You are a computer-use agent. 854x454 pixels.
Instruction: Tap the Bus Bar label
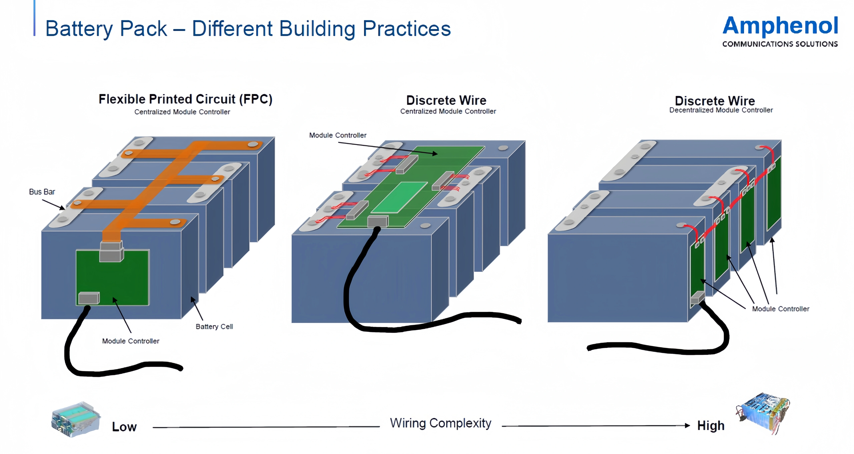pyautogui.click(x=42, y=192)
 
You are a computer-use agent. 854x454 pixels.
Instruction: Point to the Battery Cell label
pyautogui.click(x=214, y=326)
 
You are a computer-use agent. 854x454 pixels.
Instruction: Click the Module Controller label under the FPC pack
pyautogui.click(x=131, y=341)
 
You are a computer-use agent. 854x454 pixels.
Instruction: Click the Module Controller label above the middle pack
pyautogui.click(x=338, y=135)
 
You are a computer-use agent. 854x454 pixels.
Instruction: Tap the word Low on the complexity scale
pyautogui.click(x=124, y=427)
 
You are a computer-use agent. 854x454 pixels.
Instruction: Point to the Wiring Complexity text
pyautogui.click(x=441, y=423)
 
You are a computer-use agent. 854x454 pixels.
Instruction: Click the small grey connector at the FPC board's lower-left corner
pyautogui.click(x=89, y=298)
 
